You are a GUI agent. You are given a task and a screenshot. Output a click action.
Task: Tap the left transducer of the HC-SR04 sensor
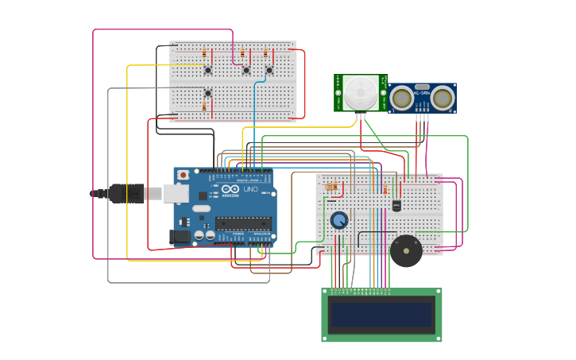[x=401, y=98]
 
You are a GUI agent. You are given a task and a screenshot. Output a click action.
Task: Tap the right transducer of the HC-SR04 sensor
[x=443, y=98]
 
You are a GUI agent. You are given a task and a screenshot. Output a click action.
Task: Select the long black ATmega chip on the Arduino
[x=243, y=223]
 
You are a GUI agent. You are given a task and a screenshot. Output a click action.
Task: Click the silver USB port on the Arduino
[x=176, y=193]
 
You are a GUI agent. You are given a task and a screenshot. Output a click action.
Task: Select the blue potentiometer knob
[x=339, y=220]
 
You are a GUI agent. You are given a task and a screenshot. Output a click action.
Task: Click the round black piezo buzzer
[x=406, y=250]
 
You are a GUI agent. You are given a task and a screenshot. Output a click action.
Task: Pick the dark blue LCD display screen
[x=381, y=315]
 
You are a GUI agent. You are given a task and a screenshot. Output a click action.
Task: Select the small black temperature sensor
[x=396, y=205]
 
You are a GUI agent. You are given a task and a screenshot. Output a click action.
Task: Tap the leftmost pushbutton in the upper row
[x=208, y=70]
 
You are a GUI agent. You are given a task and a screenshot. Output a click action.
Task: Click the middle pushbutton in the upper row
[x=246, y=70]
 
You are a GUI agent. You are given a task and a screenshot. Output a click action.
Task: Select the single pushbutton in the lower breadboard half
[x=208, y=92]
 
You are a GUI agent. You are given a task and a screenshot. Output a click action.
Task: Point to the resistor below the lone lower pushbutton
[x=204, y=106]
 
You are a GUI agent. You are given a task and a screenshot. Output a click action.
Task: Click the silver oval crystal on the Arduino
[x=202, y=209]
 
